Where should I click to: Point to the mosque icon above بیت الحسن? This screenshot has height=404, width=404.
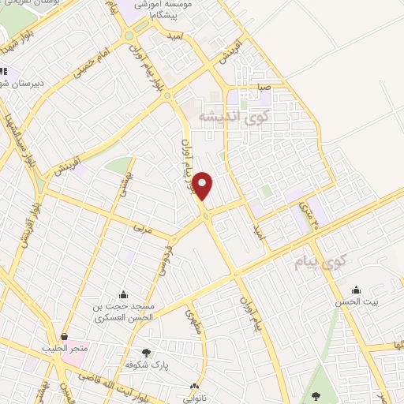pyautogui.click(x=357, y=290)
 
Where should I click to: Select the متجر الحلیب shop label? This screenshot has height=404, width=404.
pyautogui.click(x=65, y=347)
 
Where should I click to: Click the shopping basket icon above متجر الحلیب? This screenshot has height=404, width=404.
pyautogui.click(x=64, y=336)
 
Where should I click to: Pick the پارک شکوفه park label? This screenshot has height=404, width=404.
pyautogui.click(x=145, y=365)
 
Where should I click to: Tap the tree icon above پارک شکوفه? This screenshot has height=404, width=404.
pyautogui.click(x=145, y=353)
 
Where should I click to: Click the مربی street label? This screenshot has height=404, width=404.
pyautogui.click(x=141, y=230)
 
